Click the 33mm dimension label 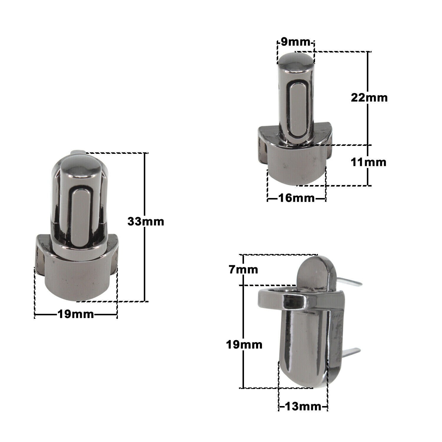(x=146, y=222)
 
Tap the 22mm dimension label (x=369, y=98)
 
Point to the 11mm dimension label (x=368, y=162)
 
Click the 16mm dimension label (x=296, y=198)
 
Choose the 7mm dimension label (x=243, y=270)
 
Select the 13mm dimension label (x=303, y=407)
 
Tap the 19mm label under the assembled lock (x=76, y=314)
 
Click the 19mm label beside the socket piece (x=244, y=344)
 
